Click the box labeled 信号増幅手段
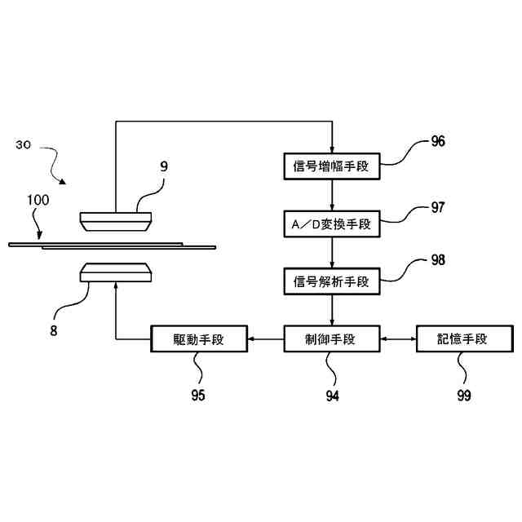pyautogui.click(x=331, y=166)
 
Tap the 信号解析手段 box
pyautogui.click(x=331, y=281)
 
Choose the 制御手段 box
pyautogui.click(x=331, y=338)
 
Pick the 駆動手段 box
pyautogui.click(x=199, y=338)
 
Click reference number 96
pyautogui.click(x=438, y=141)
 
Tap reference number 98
pyautogui.click(x=438, y=260)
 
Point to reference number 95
pyautogui.click(x=198, y=396)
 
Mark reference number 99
pyautogui.click(x=463, y=396)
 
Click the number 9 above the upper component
pyautogui.click(x=163, y=166)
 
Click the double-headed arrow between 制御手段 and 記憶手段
pyautogui.click(x=398, y=338)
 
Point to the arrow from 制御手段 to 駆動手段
pyautogui.click(x=265, y=338)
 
